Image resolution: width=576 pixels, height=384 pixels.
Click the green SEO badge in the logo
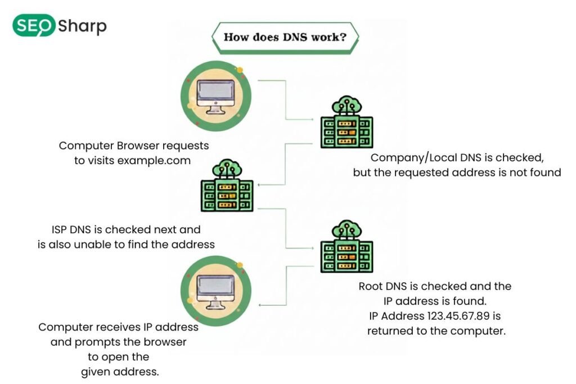click(33, 26)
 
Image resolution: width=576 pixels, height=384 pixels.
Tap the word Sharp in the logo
click(82, 26)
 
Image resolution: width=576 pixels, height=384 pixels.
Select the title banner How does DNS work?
click(285, 38)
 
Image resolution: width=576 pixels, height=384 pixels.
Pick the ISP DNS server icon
click(227, 185)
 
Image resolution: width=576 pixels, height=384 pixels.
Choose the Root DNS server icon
click(346, 247)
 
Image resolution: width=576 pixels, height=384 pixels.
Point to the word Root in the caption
click(372, 286)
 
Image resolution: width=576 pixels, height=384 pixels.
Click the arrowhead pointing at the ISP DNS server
click(260, 184)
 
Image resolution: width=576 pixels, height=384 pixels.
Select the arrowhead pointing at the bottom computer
click(260, 305)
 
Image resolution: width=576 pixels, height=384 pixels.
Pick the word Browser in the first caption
click(125, 146)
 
